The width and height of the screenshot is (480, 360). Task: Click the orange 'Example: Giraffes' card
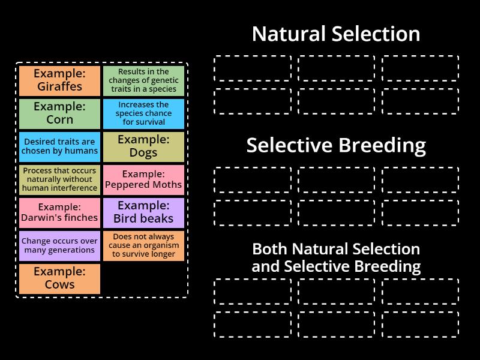pos(59,80)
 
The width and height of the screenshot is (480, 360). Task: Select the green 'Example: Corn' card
pos(59,113)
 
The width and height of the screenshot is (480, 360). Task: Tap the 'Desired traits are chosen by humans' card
pos(59,147)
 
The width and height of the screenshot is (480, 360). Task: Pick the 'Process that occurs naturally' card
pos(59,179)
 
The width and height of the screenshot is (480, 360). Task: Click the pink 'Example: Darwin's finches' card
pos(59,213)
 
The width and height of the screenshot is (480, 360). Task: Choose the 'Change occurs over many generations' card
pos(59,246)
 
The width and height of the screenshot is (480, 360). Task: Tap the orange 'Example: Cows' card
pos(59,279)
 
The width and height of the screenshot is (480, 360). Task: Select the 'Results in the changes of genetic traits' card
pos(143,80)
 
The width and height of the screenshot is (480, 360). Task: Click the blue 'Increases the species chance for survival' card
pos(143,113)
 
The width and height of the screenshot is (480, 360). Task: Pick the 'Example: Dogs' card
pos(143,147)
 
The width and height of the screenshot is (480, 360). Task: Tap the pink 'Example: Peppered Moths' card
pos(143,179)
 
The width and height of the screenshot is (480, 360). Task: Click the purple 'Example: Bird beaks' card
pos(143,213)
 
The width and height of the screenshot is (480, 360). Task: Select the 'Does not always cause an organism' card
pos(143,246)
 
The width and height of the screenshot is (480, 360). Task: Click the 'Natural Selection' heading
pos(336,34)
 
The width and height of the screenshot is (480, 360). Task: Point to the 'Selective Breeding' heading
pos(336,145)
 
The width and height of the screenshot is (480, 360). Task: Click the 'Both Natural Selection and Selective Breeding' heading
pos(336,257)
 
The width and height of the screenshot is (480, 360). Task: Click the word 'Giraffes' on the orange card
pos(59,86)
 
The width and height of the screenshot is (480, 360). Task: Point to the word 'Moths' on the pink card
pos(167,185)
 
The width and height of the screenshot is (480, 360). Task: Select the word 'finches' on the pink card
pos(80,218)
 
